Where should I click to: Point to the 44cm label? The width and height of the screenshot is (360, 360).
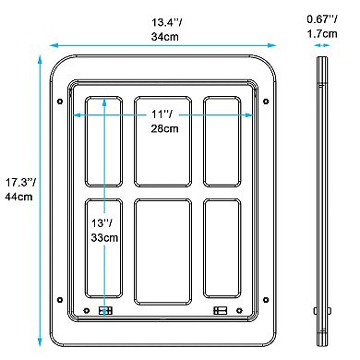tap(18, 197)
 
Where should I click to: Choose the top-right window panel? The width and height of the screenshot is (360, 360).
tap(222, 140)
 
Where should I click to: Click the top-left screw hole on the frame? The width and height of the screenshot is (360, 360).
tap(60, 101)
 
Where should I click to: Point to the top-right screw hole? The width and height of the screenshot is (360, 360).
tap(266, 101)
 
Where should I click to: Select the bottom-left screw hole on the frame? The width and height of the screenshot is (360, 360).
tap(60, 298)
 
